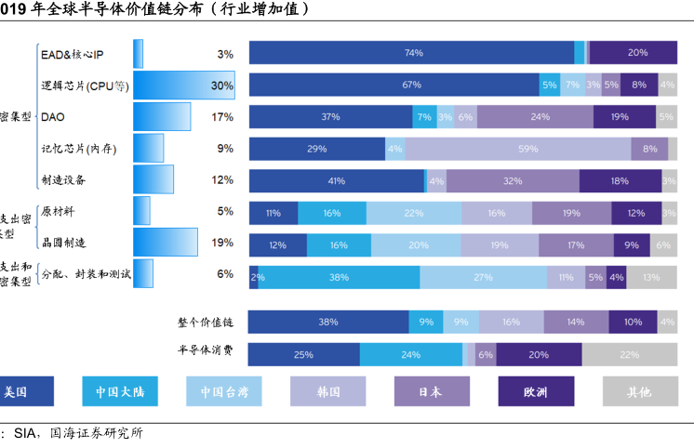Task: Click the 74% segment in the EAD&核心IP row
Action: pos(412,53)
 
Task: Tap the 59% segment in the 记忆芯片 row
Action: pos(517,149)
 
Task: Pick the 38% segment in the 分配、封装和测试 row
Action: pos(339,277)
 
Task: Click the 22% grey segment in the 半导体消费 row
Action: pos(629,354)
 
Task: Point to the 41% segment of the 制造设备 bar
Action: pos(337,180)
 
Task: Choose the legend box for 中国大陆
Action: pos(120,391)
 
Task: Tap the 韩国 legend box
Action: pos(327,391)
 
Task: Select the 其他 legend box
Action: pos(639,391)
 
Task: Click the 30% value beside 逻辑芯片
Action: pos(221,86)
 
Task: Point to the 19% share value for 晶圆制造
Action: pos(221,243)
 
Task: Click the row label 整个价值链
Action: pos(206,323)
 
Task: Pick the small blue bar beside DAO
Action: pos(162,117)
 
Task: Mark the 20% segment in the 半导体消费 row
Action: pos(539,354)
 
